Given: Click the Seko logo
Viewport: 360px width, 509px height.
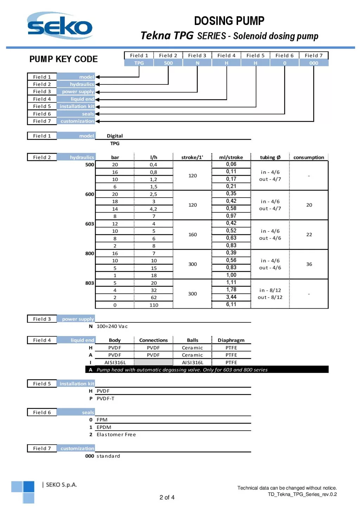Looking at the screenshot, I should point(60,26).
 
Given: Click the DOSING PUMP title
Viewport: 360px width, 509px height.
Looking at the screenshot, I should point(229,21).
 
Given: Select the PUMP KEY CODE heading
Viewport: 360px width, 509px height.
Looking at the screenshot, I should point(64,59).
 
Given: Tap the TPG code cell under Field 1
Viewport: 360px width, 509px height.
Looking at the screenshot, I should point(139,63).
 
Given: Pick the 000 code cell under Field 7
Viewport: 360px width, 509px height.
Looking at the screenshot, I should point(314,63).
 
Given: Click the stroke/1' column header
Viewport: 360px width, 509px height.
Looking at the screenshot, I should point(192,157).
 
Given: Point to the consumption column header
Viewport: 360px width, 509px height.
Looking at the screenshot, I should point(309,157).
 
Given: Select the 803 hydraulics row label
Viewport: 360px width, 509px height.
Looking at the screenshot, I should point(90,283).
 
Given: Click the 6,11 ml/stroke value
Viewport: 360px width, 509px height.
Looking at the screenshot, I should point(231,304).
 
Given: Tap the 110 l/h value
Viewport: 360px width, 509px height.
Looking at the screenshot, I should point(154,305).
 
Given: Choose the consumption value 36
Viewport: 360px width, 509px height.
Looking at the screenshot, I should point(309,264).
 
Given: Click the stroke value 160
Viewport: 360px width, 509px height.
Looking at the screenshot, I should point(193,234).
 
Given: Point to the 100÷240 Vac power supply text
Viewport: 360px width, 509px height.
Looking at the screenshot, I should point(112,326).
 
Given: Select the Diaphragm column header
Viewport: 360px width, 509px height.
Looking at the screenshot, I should point(231,340).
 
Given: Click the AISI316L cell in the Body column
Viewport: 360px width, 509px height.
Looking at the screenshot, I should point(115,362).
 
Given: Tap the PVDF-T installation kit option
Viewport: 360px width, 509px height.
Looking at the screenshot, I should point(105,398).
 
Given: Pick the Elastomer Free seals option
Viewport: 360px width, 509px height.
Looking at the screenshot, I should point(116,434).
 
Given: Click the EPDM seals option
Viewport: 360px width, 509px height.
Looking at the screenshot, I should point(104,427).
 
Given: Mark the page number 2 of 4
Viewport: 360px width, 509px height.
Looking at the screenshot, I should point(167,497).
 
